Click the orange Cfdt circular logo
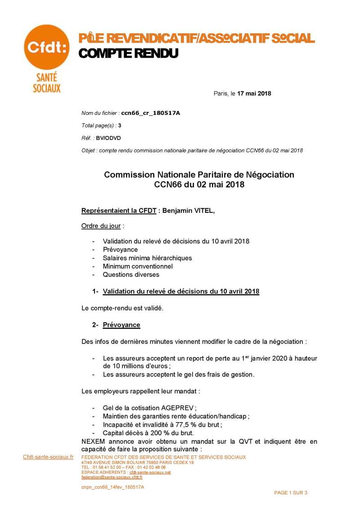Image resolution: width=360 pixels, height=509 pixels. tap(46, 47)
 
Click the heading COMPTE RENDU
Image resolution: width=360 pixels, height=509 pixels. tap(128, 54)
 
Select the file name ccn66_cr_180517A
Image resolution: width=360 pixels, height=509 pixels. tap(150, 113)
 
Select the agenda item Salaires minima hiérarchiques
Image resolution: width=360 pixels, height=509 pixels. tap(147, 258)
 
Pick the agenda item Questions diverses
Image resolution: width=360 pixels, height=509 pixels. tap(131, 274)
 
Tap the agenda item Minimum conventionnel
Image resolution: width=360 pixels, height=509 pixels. tap(138, 266)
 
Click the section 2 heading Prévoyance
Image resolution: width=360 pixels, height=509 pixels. tap(121, 325)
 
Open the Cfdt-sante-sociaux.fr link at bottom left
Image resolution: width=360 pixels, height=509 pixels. tap(48, 457)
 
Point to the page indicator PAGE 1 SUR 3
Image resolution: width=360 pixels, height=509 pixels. tap(291, 493)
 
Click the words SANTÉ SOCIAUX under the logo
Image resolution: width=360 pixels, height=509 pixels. tap(46, 82)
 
